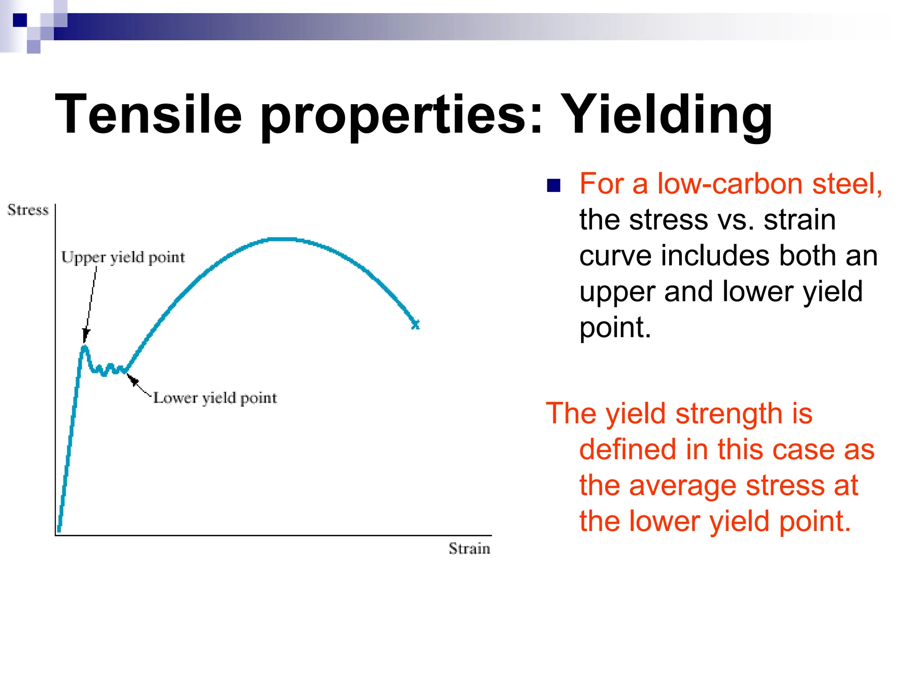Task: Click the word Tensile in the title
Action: tap(148, 115)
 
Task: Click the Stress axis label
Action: tap(28, 210)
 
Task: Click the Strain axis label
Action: tap(469, 549)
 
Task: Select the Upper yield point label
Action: tap(123, 257)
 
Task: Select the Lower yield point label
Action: tap(215, 398)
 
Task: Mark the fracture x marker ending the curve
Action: tap(416, 325)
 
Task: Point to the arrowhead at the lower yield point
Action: tap(132, 379)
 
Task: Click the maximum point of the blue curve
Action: tap(283, 239)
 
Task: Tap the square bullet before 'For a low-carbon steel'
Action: tap(554, 186)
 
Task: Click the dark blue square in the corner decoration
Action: tap(20, 20)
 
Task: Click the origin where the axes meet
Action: tap(56, 535)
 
